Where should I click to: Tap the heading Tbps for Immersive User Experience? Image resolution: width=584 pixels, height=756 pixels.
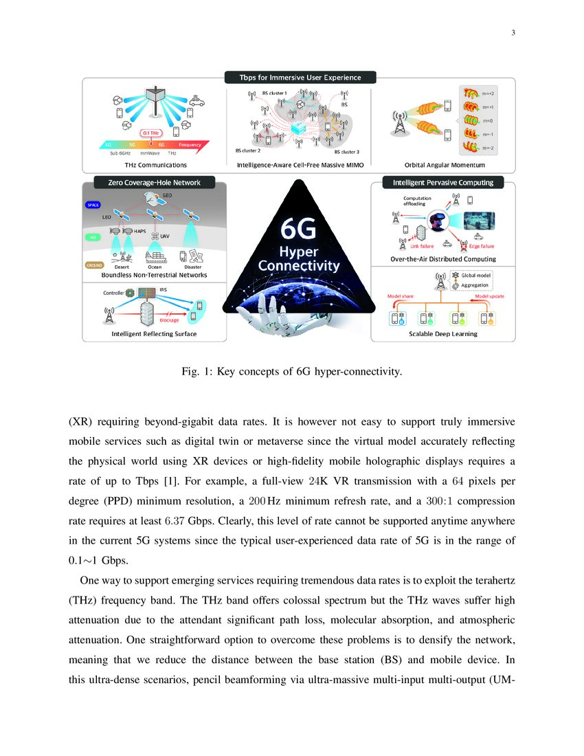click(x=300, y=78)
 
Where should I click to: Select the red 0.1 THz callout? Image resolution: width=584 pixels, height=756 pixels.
click(x=152, y=133)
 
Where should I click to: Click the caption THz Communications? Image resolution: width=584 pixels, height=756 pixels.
click(x=155, y=165)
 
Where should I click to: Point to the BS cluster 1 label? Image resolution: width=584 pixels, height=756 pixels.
click(x=274, y=93)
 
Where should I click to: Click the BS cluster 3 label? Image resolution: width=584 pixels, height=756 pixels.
click(x=347, y=151)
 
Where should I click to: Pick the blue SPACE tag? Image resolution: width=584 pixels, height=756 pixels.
click(x=93, y=205)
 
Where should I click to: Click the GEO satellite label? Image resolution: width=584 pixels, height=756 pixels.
click(x=167, y=196)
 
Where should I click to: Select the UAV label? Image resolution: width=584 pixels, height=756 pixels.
click(x=164, y=236)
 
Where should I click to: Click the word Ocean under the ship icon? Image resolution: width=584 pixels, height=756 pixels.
click(x=155, y=267)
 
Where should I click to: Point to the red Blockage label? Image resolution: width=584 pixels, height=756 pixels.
click(x=169, y=320)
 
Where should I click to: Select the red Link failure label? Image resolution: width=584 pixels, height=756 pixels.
click(x=422, y=246)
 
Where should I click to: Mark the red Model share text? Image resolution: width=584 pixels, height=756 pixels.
click(x=400, y=296)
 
